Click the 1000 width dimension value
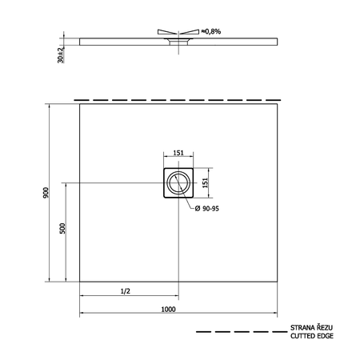pyautogui.click(x=169, y=309)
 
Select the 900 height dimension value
pyautogui.click(x=46, y=193)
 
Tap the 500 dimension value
pyautogui.click(x=62, y=229)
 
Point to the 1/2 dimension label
pyautogui.click(x=126, y=291)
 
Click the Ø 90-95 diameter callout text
pyautogui.click(x=207, y=209)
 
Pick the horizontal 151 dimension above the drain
pyautogui.click(x=178, y=153)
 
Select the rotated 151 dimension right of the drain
pyautogui.click(x=205, y=183)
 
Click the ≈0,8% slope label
pyautogui.click(x=211, y=31)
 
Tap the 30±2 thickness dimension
pyautogui.click(x=61, y=55)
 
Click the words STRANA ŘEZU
pyautogui.click(x=311, y=327)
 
